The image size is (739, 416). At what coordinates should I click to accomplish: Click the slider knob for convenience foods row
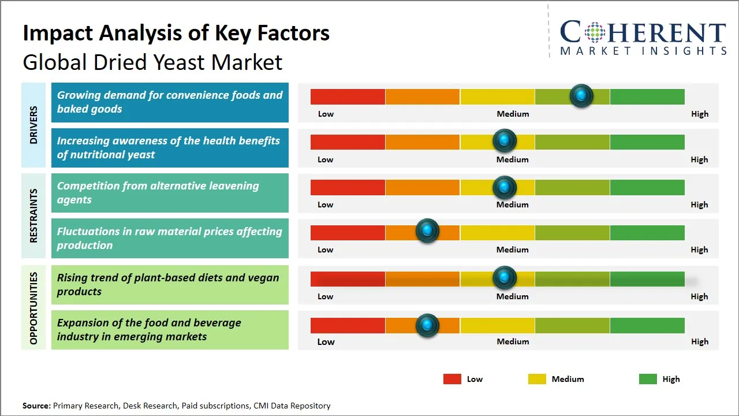click(581, 95)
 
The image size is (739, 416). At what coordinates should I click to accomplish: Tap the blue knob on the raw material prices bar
click(427, 231)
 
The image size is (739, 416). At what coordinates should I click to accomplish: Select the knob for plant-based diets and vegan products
click(505, 278)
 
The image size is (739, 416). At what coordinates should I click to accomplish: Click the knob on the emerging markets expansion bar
click(427, 325)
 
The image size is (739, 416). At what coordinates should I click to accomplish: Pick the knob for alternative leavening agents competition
click(505, 187)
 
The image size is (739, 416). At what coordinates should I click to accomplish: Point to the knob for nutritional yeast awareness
click(505, 140)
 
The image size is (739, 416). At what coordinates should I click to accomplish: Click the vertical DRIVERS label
click(33, 125)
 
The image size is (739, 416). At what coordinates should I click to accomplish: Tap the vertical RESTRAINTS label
click(33, 216)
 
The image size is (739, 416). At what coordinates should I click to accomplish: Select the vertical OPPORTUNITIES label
click(33, 308)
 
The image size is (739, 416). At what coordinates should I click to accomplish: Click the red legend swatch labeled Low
click(452, 379)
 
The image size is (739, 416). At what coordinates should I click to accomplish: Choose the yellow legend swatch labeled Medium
click(537, 379)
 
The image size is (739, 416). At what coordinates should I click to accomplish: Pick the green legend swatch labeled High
click(648, 379)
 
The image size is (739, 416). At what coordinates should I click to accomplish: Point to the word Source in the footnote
click(36, 406)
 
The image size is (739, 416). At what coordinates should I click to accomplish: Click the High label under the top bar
click(699, 114)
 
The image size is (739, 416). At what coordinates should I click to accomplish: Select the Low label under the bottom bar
click(326, 341)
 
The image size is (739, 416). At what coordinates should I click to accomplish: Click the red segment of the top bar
click(348, 96)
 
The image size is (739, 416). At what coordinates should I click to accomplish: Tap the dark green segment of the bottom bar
click(647, 325)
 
